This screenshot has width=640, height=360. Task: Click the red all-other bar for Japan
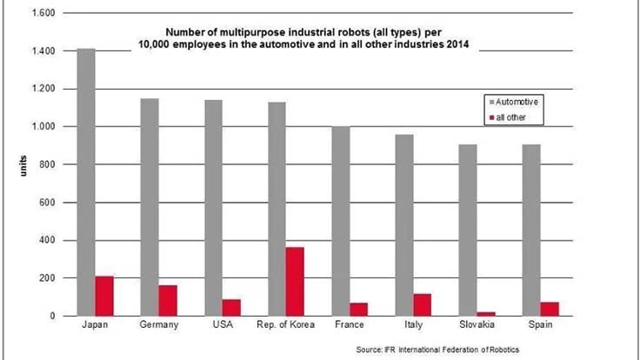(105, 296)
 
